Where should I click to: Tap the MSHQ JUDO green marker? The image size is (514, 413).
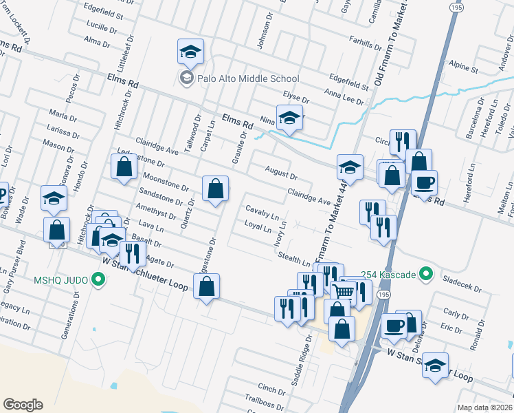pyautogui.click(x=98, y=280)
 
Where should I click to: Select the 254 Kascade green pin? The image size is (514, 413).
pyautogui.click(x=425, y=275)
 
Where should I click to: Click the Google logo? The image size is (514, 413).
pyautogui.click(x=23, y=404)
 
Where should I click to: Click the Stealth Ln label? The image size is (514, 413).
pyautogui.click(x=295, y=260)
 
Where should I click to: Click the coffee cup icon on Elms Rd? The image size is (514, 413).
pyautogui.click(x=424, y=183)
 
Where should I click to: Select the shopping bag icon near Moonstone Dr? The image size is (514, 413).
pyautogui.click(x=215, y=189)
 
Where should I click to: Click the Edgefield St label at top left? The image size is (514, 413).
pyautogui.click(x=102, y=14)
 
